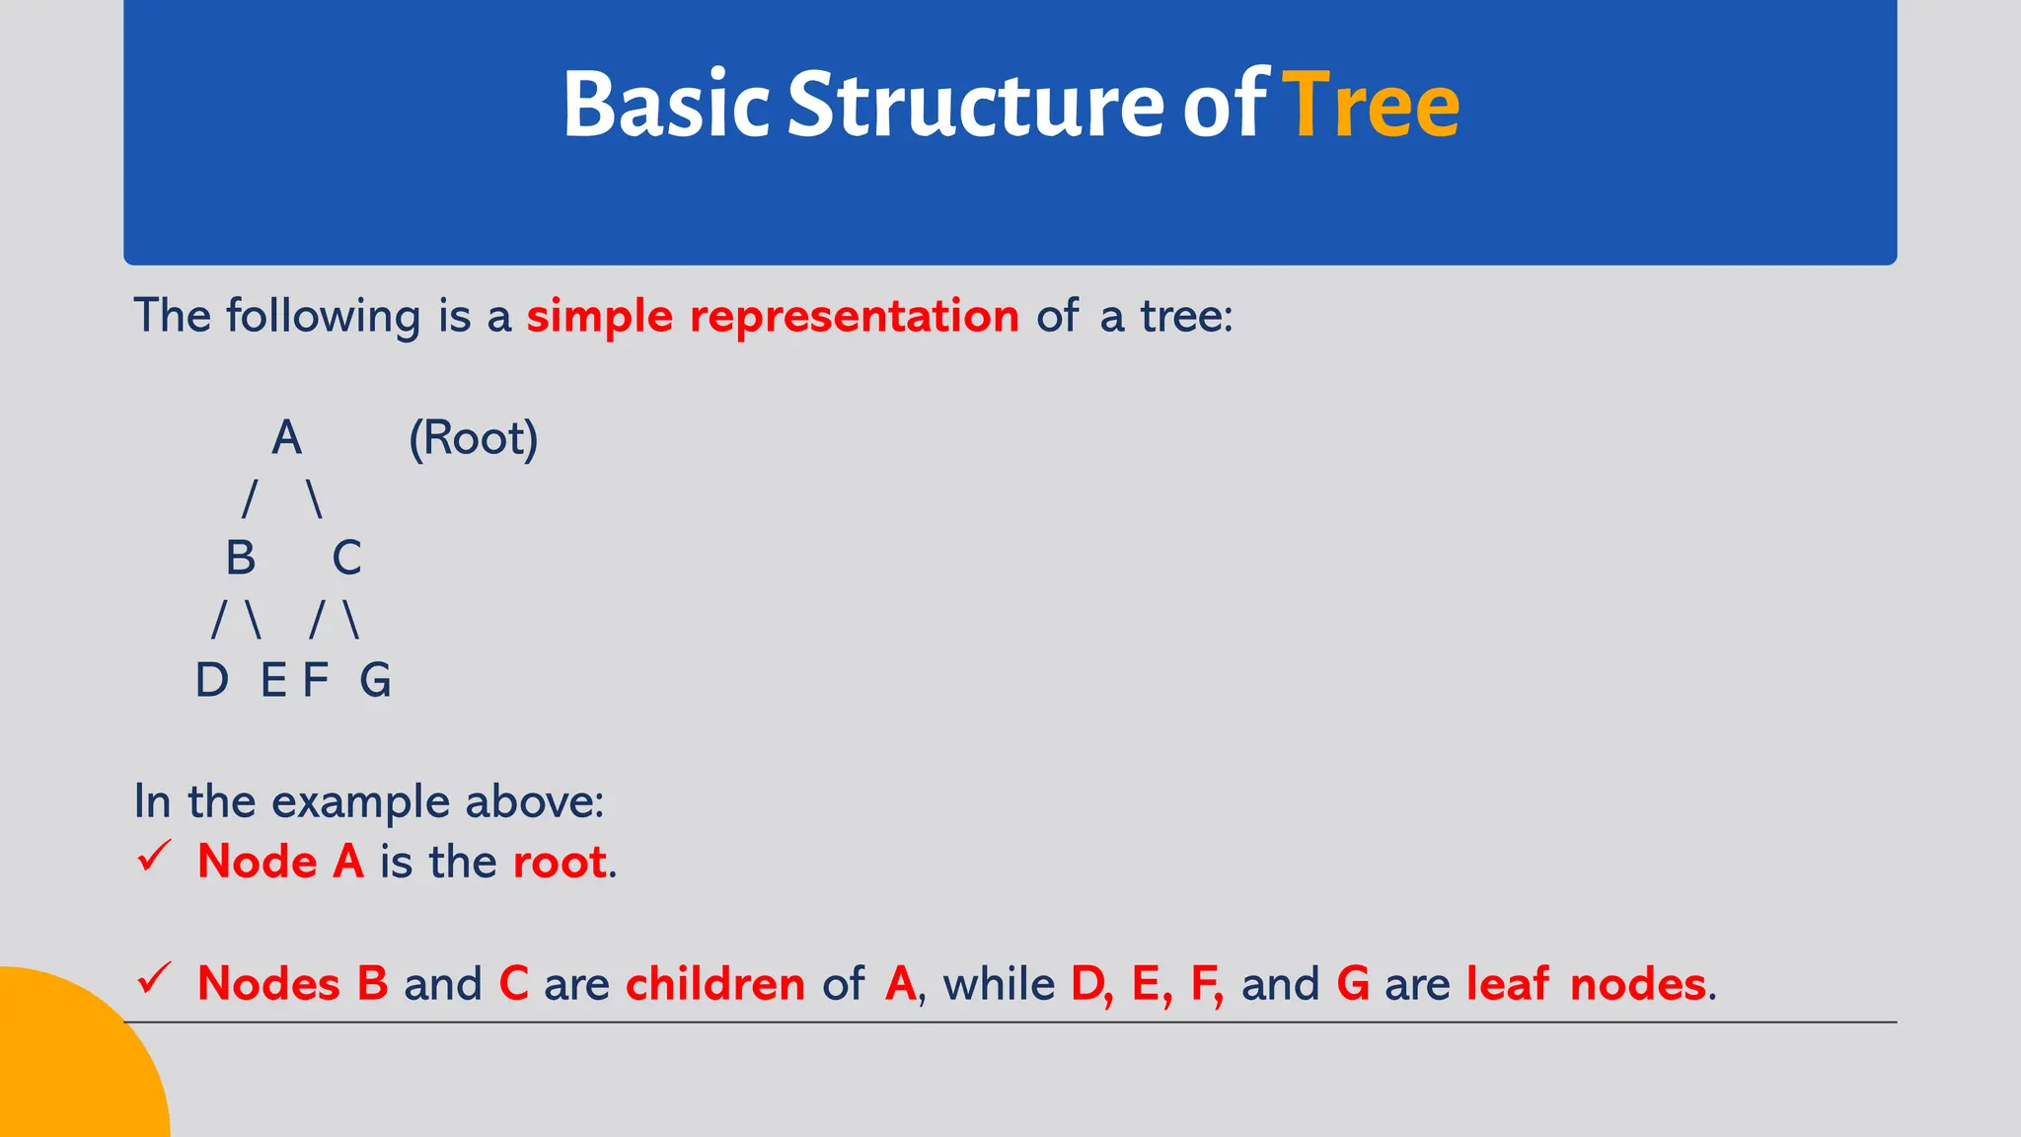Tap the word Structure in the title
point(975,105)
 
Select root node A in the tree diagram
point(286,437)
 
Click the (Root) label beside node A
point(474,438)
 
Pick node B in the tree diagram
point(241,559)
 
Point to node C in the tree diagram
point(346,559)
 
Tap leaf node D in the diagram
point(212,681)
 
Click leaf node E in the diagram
point(273,681)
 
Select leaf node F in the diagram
point(315,681)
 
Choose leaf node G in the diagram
point(375,681)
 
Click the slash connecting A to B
point(250,498)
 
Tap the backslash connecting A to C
point(315,498)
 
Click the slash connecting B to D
point(219,620)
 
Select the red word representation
point(854,317)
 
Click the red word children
point(715,984)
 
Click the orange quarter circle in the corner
point(69,1066)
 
